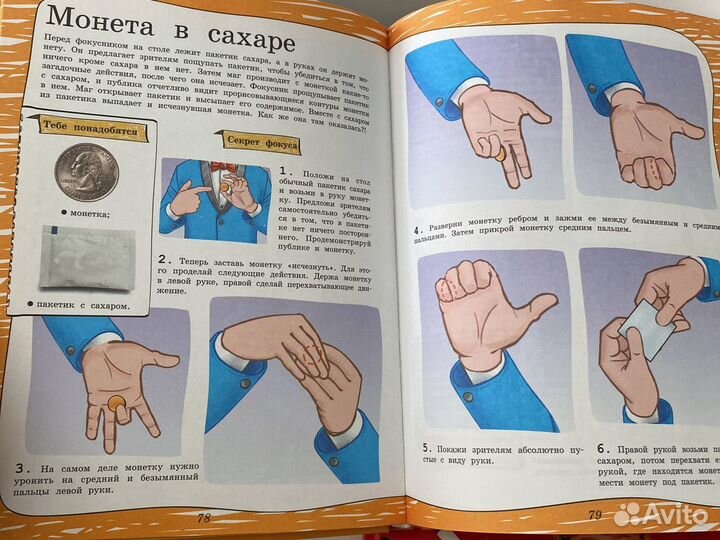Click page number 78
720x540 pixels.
pyautogui.click(x=203, y=517)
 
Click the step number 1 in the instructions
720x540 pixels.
pyautogui.click(x=286, y=173)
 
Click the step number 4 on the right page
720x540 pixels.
pyautogui.click(x=415, y=229)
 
